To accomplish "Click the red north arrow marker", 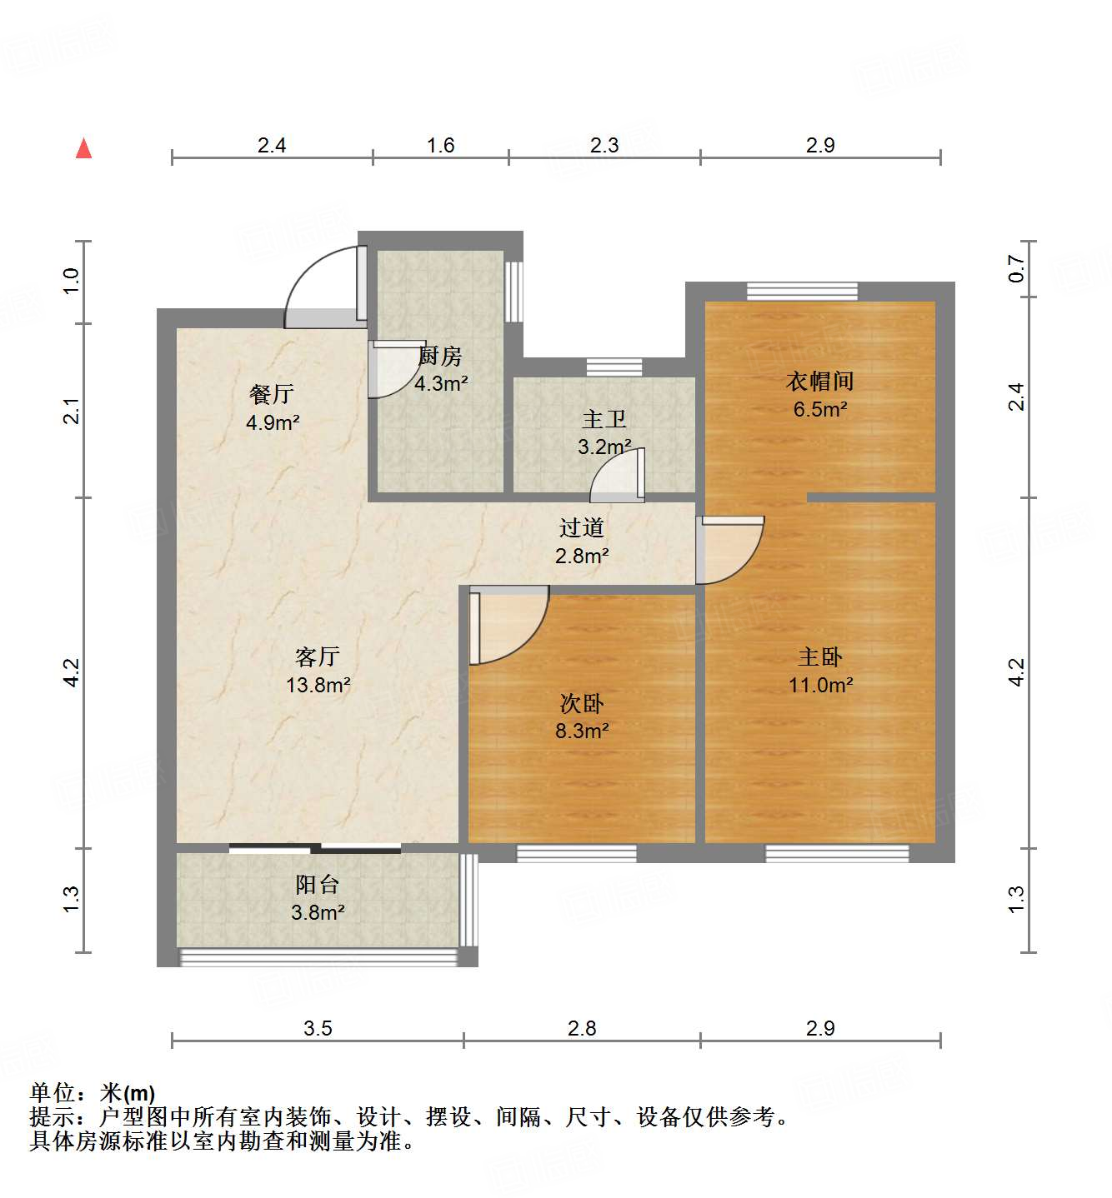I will pos(83,148).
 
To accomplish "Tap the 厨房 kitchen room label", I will pos(440,357).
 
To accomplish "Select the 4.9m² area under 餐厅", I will pos(273,422).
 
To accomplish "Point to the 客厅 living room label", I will pos(318,656).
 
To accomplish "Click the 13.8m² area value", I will pos(318,685).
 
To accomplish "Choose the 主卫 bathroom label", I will pos(604,419).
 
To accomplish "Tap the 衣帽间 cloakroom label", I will pos(820,381).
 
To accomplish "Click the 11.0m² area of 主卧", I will pos(820,685).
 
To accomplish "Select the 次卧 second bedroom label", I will pos(582,703).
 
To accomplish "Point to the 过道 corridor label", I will pos(582,527).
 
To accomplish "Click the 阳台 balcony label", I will pos(318,884).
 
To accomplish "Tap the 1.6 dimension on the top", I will pos(440,146).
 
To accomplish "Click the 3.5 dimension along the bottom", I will pos(318,1028).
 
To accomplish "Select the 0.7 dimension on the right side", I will pos(1016,268).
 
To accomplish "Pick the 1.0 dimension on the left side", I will pos(72,280).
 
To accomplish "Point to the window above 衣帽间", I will pos(802,291).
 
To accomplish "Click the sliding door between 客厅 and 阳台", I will pos(315,849).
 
